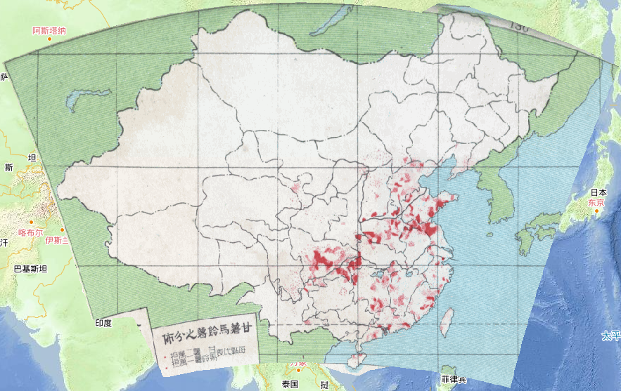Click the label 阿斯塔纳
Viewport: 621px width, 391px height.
tap(49, 30)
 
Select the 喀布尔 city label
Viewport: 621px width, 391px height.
tap(31, 232)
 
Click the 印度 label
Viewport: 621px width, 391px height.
tap(103, 323)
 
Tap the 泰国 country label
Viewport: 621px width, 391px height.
tap(290, 384)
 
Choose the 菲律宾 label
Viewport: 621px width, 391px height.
tap(454, 380)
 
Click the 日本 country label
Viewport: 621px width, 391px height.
tap(598, 192)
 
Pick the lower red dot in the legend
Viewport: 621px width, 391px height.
tap(166, 365)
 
